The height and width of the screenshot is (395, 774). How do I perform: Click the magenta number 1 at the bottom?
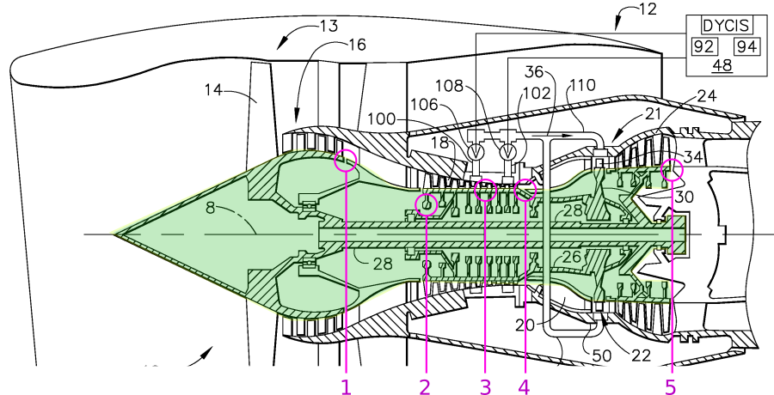point(346,386)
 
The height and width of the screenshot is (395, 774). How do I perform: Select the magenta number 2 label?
point(424,386)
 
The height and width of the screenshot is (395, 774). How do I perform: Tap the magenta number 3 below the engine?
point(486,386)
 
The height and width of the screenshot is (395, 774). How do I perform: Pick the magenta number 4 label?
point(524,386)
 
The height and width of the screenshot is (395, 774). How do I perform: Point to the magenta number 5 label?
point(670,386)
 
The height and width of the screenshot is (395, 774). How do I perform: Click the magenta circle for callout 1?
point(346,160)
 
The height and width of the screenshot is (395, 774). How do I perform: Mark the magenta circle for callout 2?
point(427,204)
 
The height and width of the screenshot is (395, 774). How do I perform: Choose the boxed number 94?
point(746,46)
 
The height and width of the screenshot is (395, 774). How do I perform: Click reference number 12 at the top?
point(647,10)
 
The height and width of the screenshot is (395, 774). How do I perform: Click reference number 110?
point(581,86)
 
